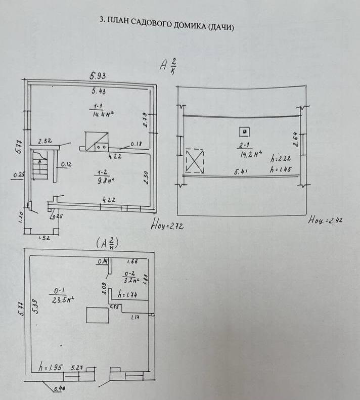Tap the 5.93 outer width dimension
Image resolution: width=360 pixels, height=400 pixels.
point(98,76)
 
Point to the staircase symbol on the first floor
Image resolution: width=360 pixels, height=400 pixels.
point(40,166)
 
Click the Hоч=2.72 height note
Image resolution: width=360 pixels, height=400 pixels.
point(167,226)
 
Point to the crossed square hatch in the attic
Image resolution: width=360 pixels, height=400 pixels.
point(194,161)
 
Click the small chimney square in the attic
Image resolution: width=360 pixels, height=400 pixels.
point(244,132)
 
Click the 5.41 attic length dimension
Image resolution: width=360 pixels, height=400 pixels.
point(241,172)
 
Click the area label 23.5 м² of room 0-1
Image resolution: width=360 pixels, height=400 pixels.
point(63,299)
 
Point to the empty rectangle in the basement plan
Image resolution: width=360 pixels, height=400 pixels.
point(98,315)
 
